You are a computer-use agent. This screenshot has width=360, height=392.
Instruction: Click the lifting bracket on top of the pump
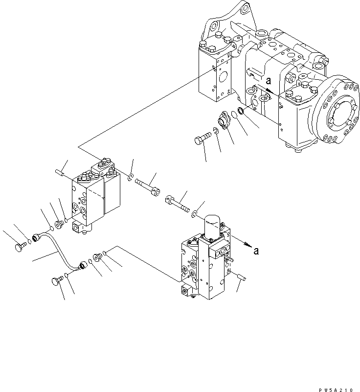tap(230, 20)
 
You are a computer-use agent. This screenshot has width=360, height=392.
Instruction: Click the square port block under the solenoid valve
tap(187, 291)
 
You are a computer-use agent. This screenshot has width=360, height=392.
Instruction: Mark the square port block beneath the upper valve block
tap(81, 227)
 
